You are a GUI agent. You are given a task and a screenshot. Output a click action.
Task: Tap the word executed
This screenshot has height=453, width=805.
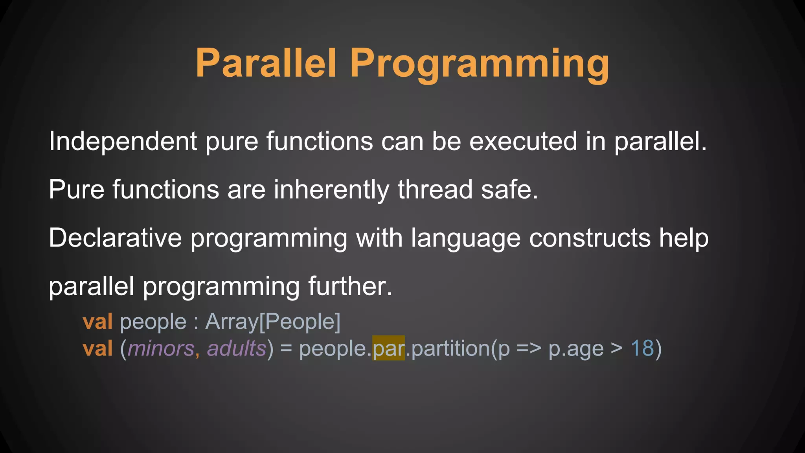[523, 142]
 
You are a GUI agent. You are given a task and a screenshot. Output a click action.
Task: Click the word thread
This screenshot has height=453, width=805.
[435, 190]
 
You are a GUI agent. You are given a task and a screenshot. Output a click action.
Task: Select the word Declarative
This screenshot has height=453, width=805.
[115, 238]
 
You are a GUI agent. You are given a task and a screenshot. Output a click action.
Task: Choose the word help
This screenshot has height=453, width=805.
[684, 238]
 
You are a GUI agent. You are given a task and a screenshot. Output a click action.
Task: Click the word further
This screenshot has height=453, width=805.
[350, 286]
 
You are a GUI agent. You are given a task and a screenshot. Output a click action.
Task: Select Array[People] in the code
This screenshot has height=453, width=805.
[273, 322]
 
